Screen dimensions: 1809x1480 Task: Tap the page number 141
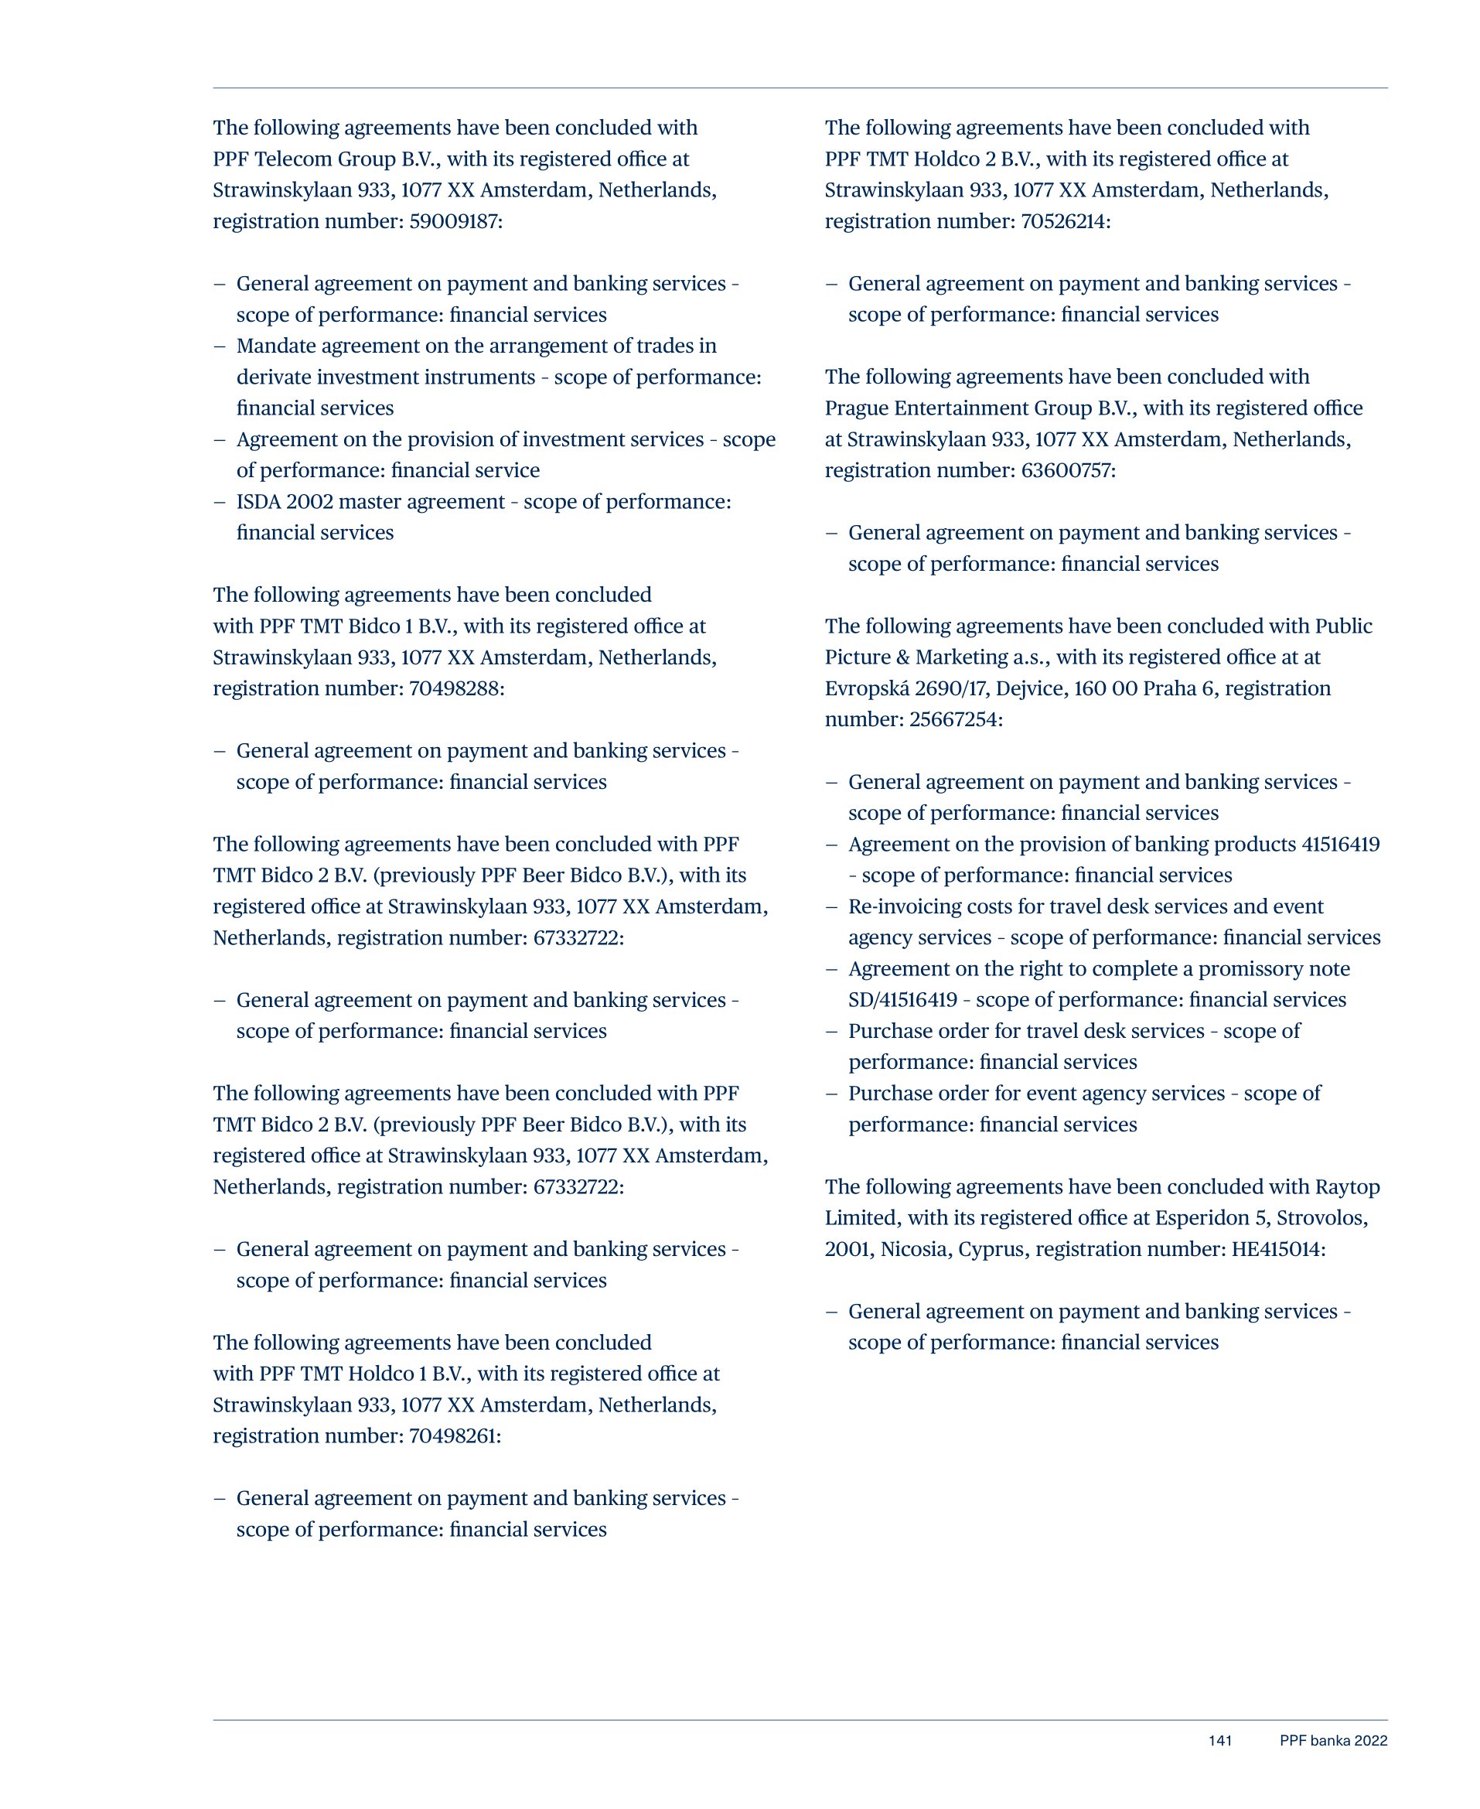tap(1220, 1741)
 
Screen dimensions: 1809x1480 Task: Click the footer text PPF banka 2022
tap(1333, 1741)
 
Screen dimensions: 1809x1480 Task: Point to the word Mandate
tap(272, 346)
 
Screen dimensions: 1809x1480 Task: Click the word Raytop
tap(1347, 1187)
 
